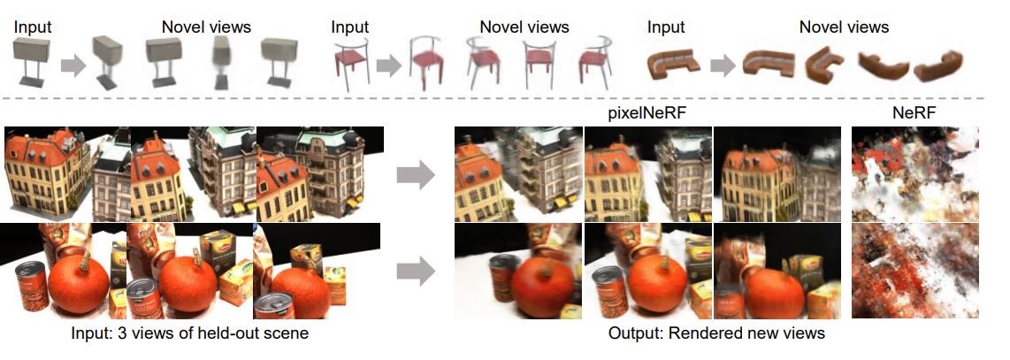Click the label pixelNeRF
click(x=646, y=116)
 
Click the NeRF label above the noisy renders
click(x=914, y=116)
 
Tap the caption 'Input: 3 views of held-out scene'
click(x=190, y=334)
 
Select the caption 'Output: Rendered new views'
click(x=716, y=334)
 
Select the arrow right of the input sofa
click(x=721, y=65)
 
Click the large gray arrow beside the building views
click(x=415, y=175)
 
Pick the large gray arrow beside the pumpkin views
click(x=415, y=271)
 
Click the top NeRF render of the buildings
click(x=914, y=172)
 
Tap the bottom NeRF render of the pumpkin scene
click(x=914, y=271)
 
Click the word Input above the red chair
click(x=349, y=27)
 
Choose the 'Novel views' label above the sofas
click(x=844, y=27)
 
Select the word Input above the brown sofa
click(x=666, y=27)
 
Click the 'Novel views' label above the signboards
click(x=206, y=27)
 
